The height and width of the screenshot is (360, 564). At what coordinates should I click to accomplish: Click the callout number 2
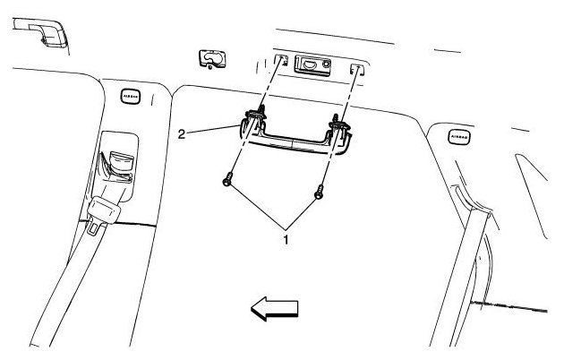pos(182,134)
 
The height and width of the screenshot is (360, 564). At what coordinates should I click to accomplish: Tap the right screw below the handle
pos(318,191)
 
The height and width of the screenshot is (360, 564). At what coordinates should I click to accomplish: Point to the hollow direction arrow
pos(274,309)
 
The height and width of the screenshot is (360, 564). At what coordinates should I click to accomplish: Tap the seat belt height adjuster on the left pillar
pos(115,161)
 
